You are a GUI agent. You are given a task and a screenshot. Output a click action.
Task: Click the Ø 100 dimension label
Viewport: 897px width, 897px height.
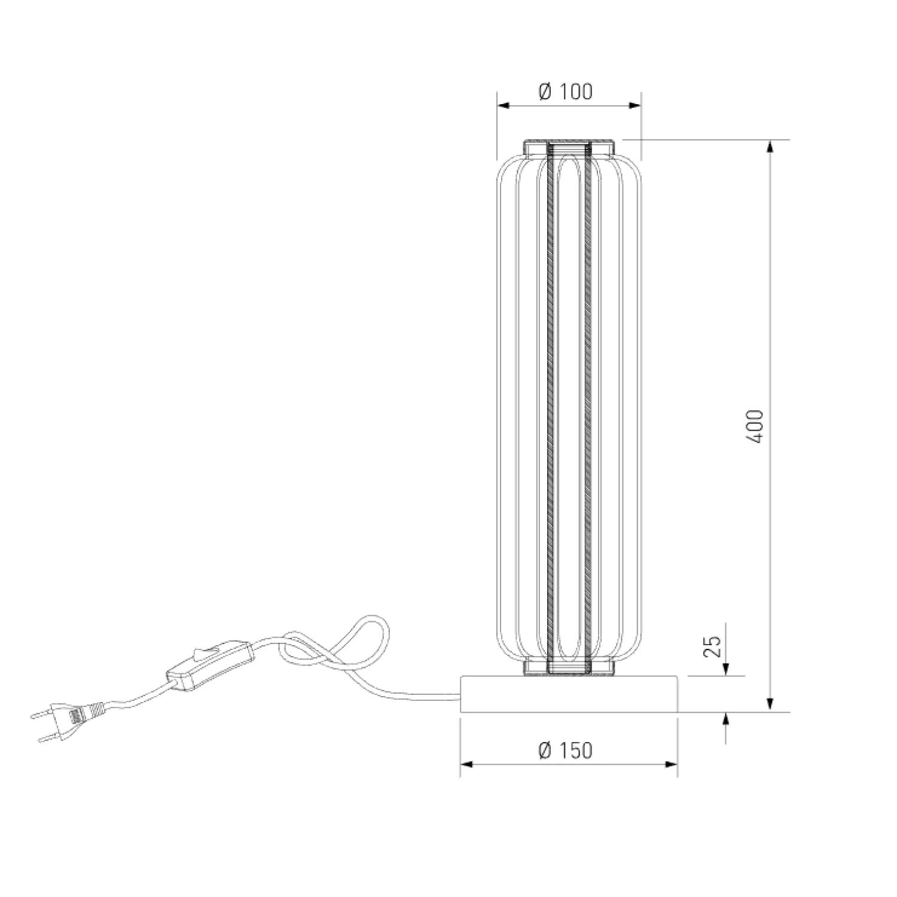click(x=565, y=92)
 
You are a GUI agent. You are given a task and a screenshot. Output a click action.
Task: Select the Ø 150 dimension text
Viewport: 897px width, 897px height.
click(x=565, y=750)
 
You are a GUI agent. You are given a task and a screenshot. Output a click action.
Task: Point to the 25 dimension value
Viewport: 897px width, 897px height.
click(x=712, y=646)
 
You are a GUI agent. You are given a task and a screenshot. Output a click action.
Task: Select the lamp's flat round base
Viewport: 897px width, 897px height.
click(x=569, y=694)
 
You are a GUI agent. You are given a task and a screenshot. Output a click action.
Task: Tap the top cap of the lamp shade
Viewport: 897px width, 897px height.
click(x=569, y=147)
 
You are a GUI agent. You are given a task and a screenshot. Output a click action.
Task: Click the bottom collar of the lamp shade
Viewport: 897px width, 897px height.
click(x=569, y=667)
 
